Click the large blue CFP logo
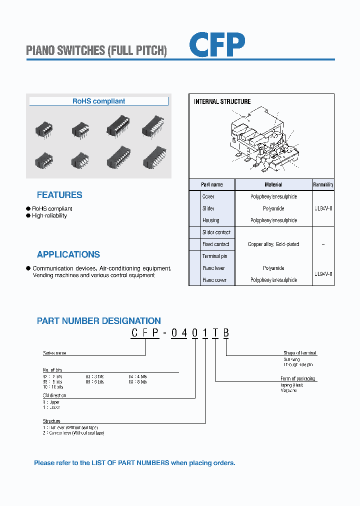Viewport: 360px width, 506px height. [x=217, y=44]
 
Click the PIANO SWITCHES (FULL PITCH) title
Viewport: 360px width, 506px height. [x=96, y=50]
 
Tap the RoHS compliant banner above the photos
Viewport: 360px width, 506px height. [x=99, y=101]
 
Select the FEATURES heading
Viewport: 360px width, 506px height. [x=59, y=195]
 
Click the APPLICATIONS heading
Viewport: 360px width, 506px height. [x=68, y=254]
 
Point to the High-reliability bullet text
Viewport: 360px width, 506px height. [x=49, y=215]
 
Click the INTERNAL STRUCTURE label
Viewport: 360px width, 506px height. [x=222, y=101]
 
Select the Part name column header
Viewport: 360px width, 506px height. [x=211, y=184]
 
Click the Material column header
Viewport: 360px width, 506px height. [x=273, y=184]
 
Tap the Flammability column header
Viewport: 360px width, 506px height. [x=323, y=184]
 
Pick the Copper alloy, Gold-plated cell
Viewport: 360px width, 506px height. [x=273, y=244]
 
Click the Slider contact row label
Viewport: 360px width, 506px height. [x=216, y=232]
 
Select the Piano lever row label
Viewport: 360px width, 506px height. [x=213, y=268]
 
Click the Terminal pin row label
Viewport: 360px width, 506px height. [x=214, y=256]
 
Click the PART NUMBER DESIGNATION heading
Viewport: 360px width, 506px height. [x=99, y=321]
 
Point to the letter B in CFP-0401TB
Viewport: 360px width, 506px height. [x=226, y=333]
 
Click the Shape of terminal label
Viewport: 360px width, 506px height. [x=300, y=353]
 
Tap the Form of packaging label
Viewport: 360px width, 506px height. [x=298, y=378]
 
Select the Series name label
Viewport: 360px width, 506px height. [x=54, y=353]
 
